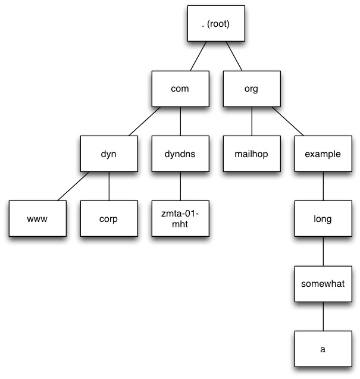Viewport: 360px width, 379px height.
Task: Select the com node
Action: click(x=180, y=88)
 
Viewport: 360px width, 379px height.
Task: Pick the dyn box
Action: click(x=108, y=154)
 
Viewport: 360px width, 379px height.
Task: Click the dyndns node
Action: click(x=180, y=154)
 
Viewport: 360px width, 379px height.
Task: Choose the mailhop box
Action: click(x=252, y=154)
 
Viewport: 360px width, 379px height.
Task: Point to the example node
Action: click(x=323, y=154)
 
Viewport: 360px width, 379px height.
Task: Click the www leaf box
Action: click(x=36, y=218)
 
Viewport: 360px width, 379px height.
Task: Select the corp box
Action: click(x=108, y=218)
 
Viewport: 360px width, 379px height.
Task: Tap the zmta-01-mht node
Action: click(x=180, y=218)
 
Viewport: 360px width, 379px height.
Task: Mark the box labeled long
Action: click(x=323, y=218)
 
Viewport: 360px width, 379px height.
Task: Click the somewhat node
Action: click(x=323, y=284)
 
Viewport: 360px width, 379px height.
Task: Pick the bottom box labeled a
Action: click(x=323, y=349)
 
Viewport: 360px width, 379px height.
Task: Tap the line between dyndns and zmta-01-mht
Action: click(x=180, y=186)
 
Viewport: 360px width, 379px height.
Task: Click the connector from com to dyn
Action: click(x=144, y=121)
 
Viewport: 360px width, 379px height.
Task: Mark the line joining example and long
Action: click(x=323, y=186)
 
